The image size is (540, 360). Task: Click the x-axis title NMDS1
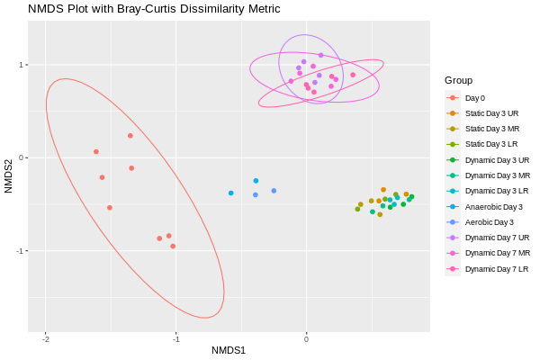[229, 350]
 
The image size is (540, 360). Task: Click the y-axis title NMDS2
[8, 176]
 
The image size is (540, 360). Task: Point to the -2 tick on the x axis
[46, 339]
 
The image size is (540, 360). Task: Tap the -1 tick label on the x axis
[175, 339]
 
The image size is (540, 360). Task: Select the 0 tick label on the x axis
[306, 339]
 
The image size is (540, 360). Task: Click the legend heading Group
[458, 80]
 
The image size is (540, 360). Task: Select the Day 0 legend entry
[474, 98]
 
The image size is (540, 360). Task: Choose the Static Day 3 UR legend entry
[491, 113]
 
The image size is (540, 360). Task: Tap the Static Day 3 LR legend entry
[491, 145]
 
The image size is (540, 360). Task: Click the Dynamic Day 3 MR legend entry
[497, 175]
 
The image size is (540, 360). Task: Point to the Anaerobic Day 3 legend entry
[493, 207]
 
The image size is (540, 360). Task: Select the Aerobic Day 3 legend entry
[489, 222]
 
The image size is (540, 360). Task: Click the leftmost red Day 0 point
[96, 151]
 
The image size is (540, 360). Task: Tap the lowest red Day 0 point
[173, 246]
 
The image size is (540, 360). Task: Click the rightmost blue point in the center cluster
[274, 191]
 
